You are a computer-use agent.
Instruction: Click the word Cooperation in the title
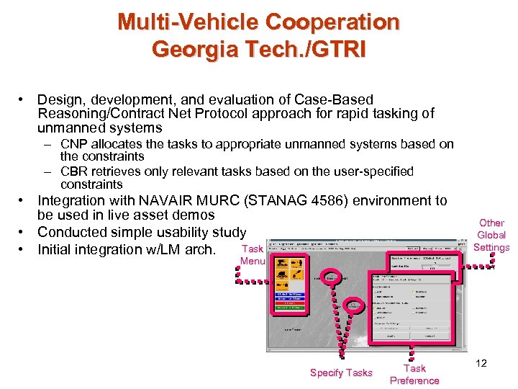(x=333, y=22)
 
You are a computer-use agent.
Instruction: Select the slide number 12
(x=481, y=363)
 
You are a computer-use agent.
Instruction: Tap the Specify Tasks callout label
(x=341, y=372)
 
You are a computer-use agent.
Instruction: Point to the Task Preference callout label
(x=414, y=374)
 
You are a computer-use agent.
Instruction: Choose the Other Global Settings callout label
(x=492, y=236)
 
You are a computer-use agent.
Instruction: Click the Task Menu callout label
(x=253, y=254)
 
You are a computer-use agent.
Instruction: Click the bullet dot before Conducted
(x=24, y=232)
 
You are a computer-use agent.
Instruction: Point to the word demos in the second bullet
(x=195, y=215)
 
